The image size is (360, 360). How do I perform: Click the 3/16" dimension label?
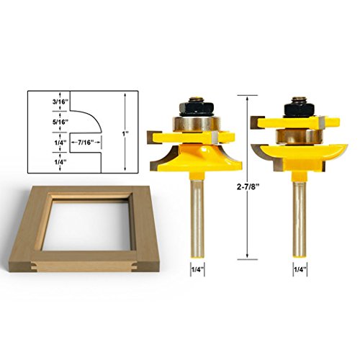click(x=60, y=102)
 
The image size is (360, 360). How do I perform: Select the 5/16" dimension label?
click(x=60, y=122)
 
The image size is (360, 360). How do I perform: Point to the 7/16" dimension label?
click(x=85, y=143)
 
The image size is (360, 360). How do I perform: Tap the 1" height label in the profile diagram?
click(x=125, y=133)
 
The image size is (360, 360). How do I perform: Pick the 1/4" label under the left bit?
click(x=197, y=269)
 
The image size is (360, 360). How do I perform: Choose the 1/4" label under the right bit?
click(x=300, y=269)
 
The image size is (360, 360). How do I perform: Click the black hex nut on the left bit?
click(x=196, y=108)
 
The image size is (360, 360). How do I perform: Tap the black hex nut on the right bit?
click(x=298, y=110)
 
